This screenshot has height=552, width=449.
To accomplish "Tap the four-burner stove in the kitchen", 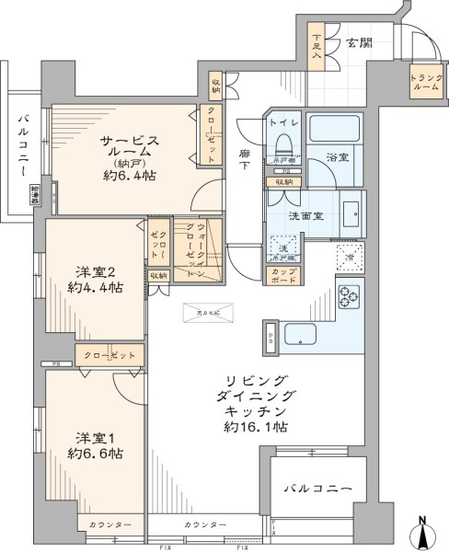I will [351, 296].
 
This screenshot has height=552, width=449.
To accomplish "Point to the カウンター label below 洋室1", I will [109, 524].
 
